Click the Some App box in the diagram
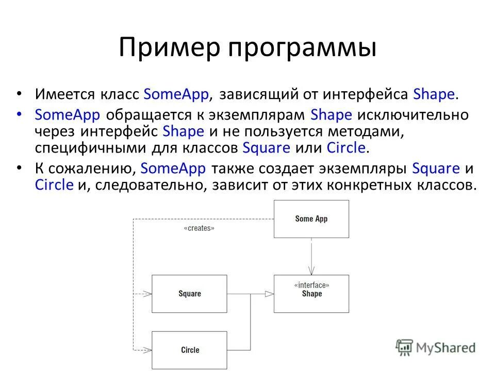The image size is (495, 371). [311, 218]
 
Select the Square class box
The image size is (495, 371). [189, 294]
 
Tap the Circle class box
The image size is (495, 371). [189, 350]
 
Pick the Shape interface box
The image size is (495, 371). [311, 294]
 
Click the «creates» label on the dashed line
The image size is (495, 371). [199, 228]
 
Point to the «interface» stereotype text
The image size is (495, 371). [311, 285]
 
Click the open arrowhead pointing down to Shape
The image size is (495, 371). [311, 270]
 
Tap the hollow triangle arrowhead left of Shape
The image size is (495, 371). [269, 294]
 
